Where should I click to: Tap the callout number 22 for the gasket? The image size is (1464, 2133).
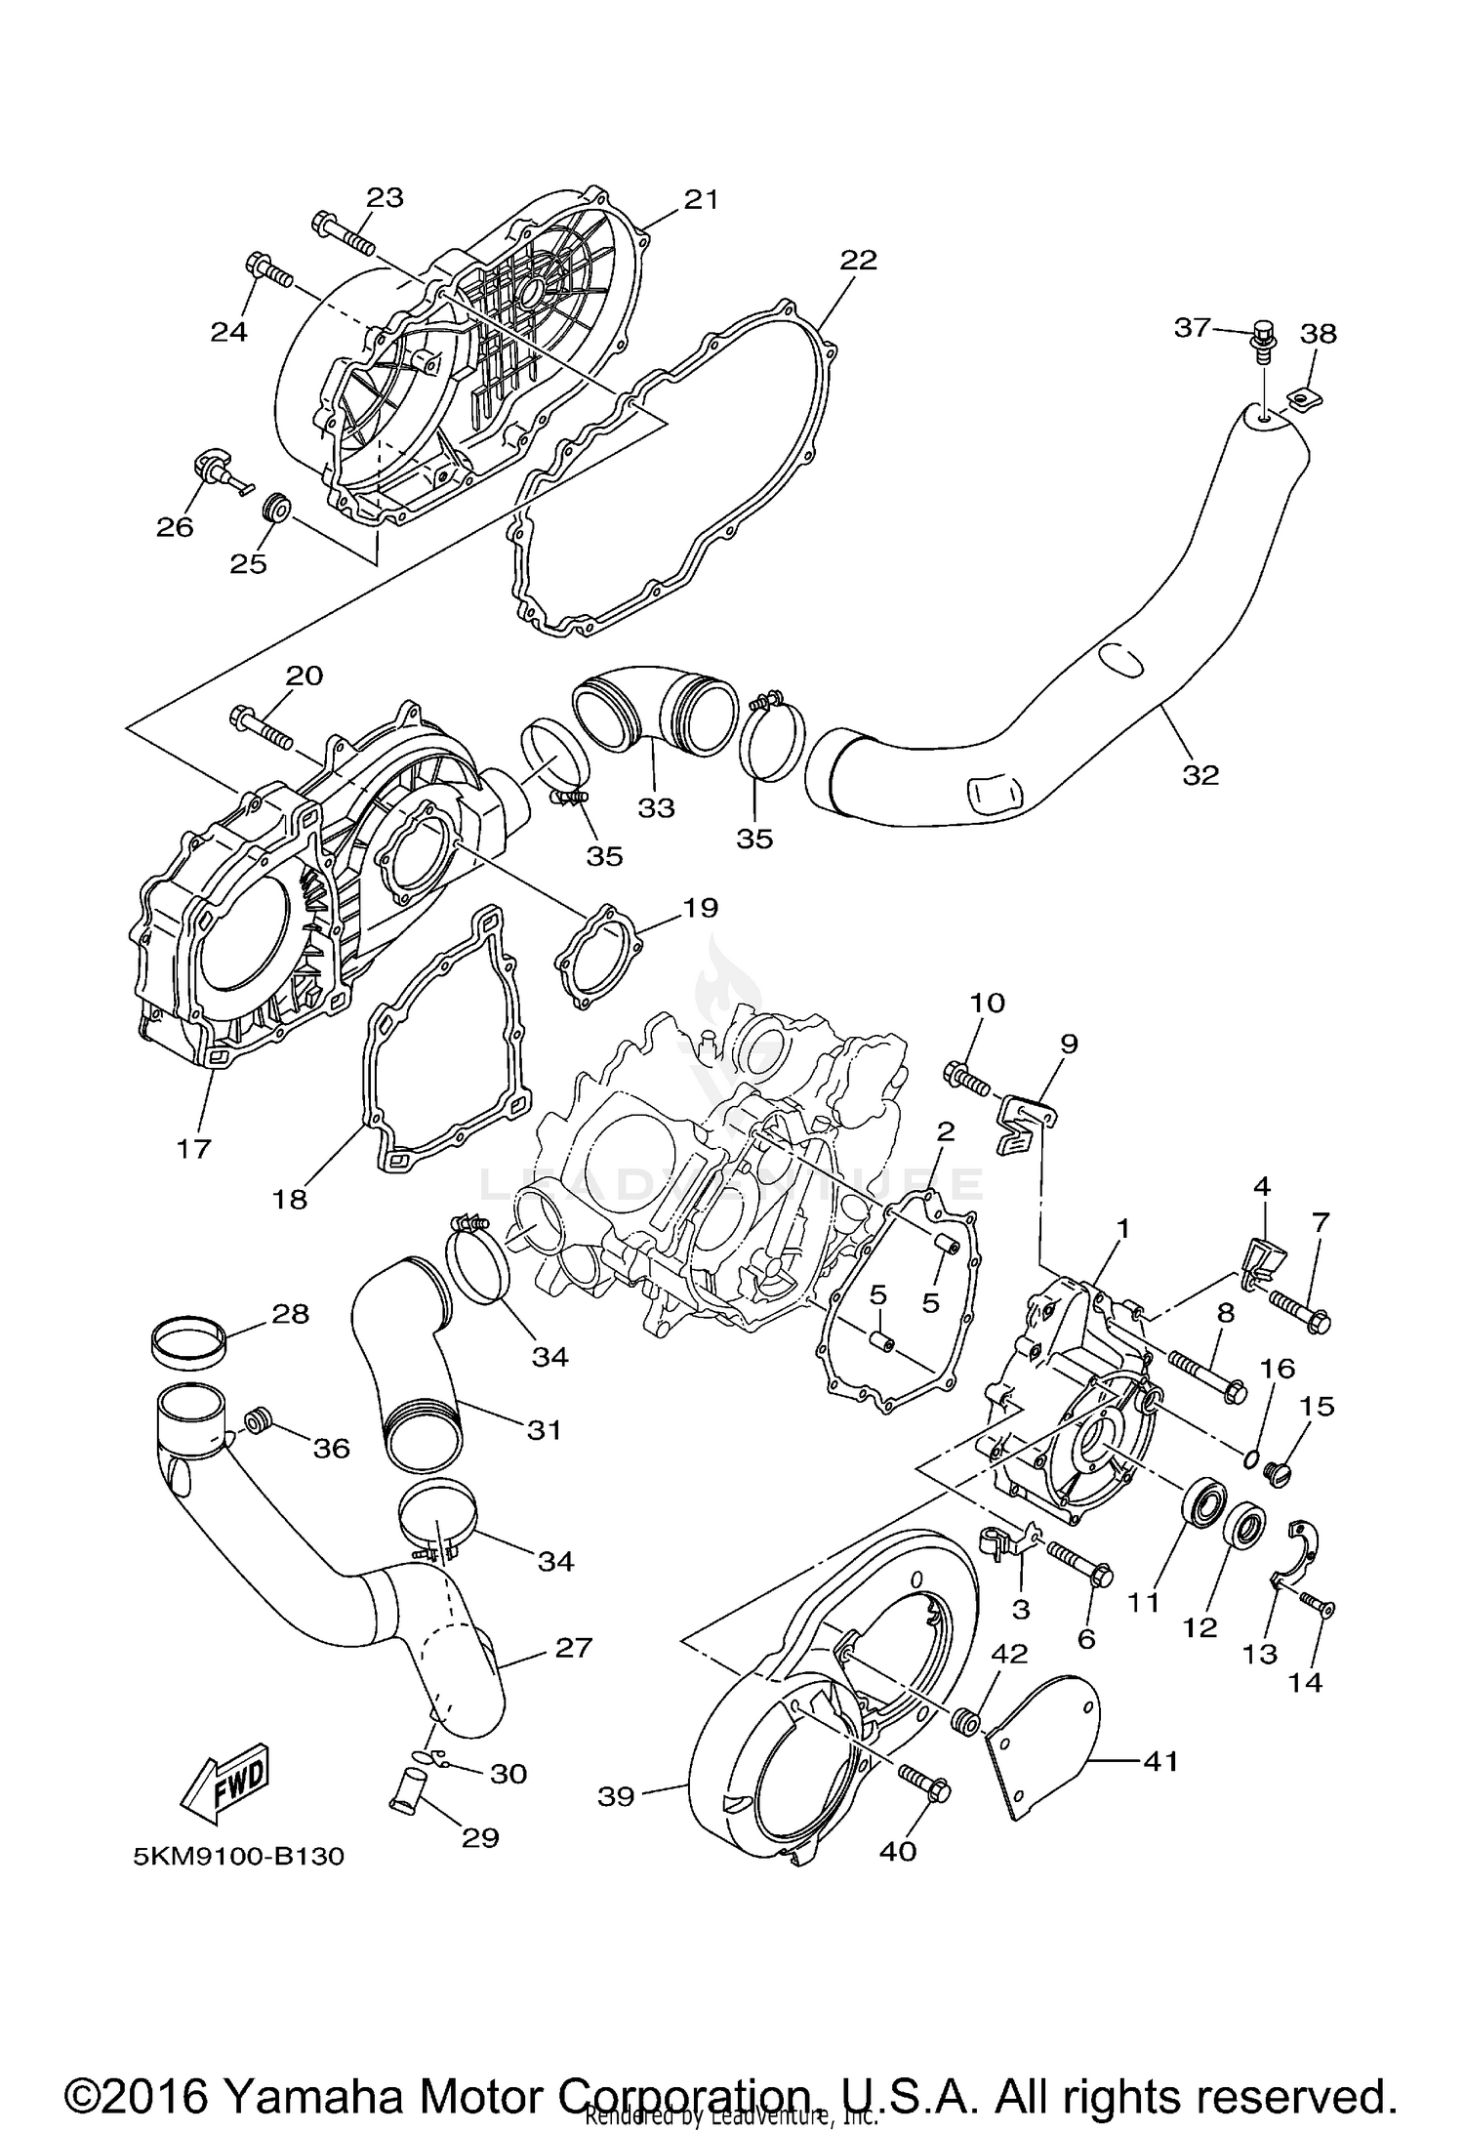[858, 261]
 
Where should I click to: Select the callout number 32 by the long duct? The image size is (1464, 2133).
[1200, 774]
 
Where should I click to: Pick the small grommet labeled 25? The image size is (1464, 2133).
[278, 508]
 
